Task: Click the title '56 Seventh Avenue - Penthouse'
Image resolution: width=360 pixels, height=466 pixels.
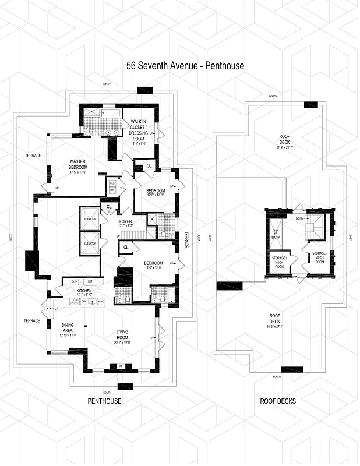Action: click(x=185, y=66)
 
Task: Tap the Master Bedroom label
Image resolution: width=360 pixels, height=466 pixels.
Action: click(x=78, y=167)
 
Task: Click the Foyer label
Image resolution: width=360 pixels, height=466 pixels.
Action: click(x=126, y=221)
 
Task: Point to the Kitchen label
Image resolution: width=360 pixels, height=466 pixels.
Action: click(x=84, y=290)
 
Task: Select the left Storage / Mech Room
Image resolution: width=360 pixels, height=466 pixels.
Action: click(x=278, y=261)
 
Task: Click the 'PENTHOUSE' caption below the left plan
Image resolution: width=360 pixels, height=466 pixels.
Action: click(x=104, y=401)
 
